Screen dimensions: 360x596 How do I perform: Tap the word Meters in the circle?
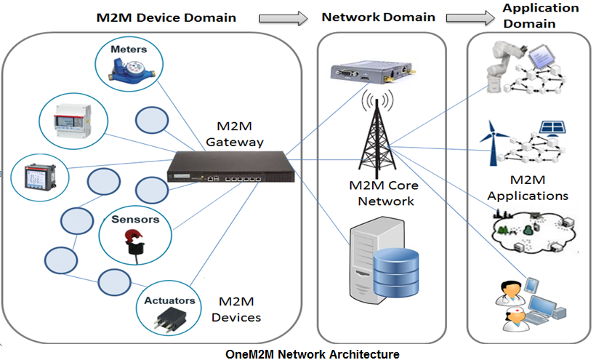click(x=129, y=49)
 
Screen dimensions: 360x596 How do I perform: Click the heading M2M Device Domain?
click(x=166, y=17)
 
